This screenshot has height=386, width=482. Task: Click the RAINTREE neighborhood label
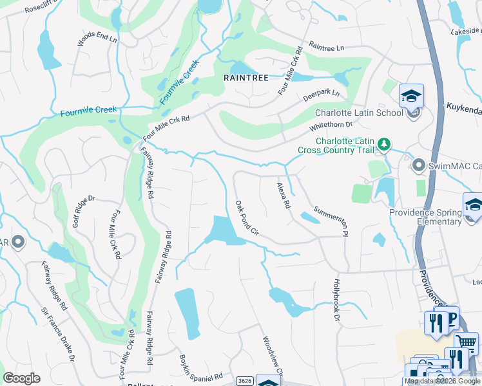245,77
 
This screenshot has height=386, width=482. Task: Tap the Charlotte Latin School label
360,113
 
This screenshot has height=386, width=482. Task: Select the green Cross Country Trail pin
383,144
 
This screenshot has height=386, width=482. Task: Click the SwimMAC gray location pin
418,166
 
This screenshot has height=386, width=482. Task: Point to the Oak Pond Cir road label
246,218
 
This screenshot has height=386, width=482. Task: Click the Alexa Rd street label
283,195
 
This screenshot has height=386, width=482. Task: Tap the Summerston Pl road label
331,220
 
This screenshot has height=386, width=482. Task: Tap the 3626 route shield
243,381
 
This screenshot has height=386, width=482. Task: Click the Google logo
21,378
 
